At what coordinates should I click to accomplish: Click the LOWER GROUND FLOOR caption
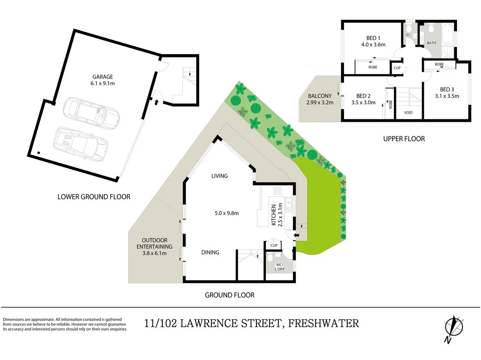tap(94, 197)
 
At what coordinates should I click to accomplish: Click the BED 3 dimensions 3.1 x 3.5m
tap(446, 96)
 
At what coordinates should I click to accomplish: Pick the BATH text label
tap(431, 43)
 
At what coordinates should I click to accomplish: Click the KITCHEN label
tap(274, 215)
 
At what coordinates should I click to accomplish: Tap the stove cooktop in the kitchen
tap(277, 191)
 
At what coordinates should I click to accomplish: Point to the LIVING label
tap(219, 176)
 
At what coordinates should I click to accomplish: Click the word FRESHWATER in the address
tap(323, 323)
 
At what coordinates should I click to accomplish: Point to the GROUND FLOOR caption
tap(229, 295)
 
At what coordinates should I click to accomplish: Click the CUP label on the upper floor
tap(397, 68)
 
